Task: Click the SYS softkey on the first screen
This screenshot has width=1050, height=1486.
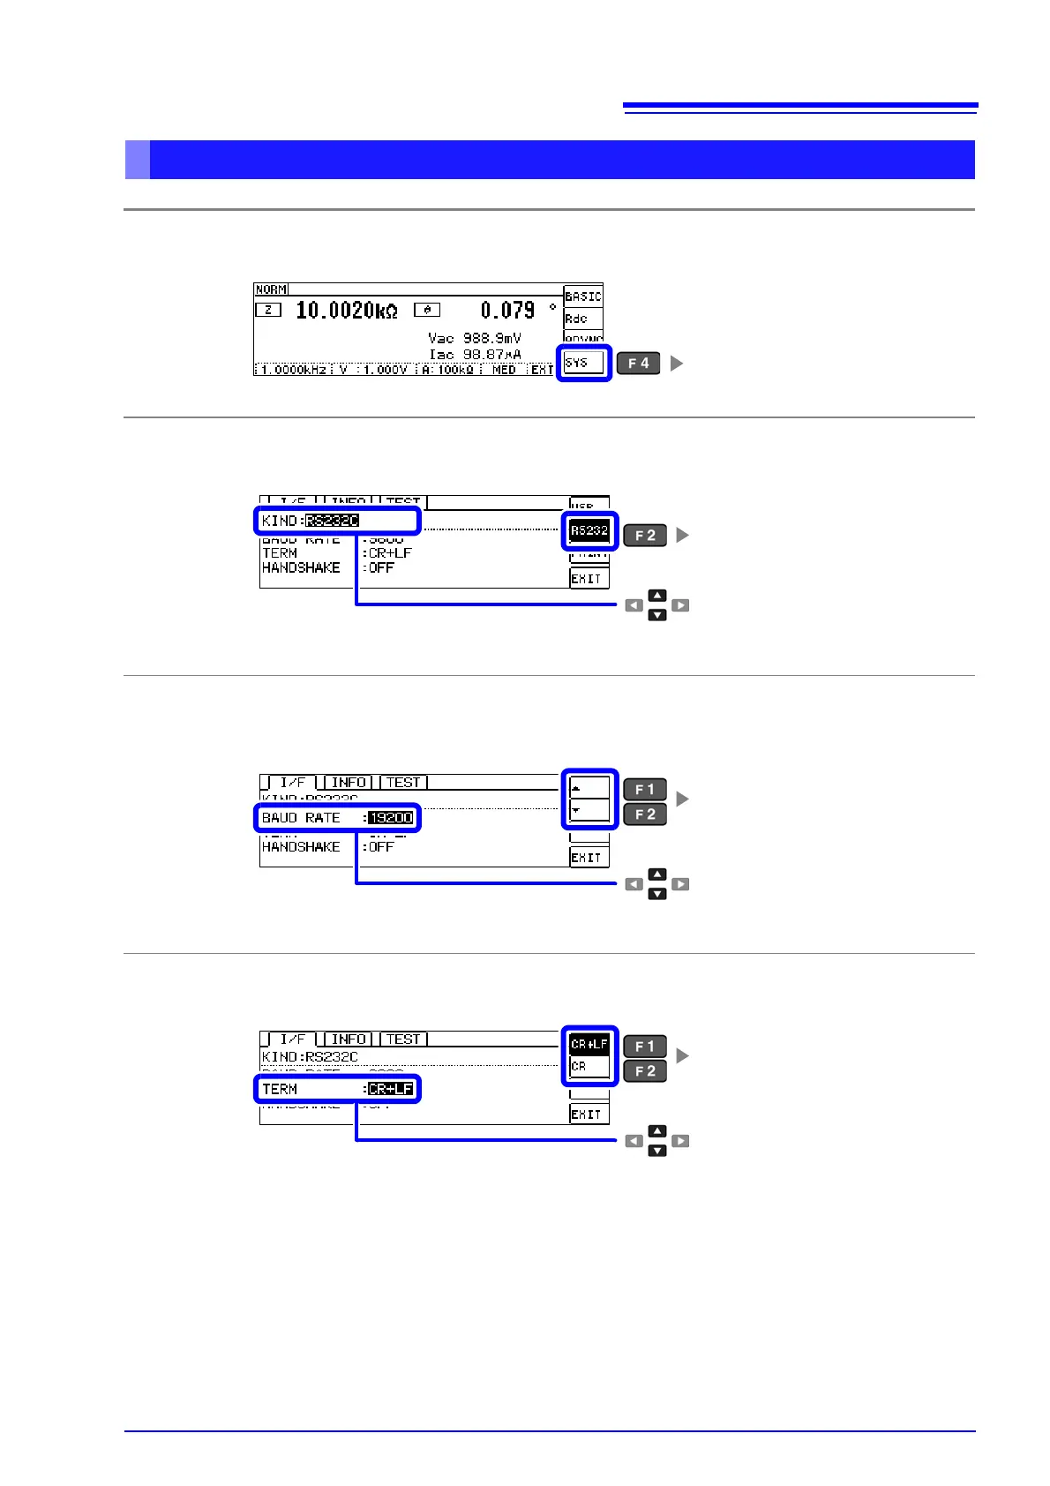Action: point(583,363)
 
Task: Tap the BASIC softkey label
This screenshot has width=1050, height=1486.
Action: point(583,296)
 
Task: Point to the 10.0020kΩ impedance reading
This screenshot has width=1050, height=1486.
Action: point(346,311)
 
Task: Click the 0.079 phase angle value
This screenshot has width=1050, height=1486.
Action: point(507,311)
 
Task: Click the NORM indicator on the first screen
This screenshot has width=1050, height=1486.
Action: point(271,289)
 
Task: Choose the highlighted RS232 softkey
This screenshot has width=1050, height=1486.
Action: point(589,530)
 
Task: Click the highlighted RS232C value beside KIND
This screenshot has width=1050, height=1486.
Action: point(333,521)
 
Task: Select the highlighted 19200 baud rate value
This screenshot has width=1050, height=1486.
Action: point(390,818)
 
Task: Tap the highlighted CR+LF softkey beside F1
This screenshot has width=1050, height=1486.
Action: point(589,1044)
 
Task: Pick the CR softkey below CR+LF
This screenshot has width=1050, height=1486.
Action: point(589,1067)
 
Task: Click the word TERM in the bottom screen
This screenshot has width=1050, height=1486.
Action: point(280,1089)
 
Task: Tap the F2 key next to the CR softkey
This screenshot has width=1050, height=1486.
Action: point(645,1071)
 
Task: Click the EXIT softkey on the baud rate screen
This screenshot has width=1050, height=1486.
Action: point(587,857)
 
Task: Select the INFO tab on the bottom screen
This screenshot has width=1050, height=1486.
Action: point(349,1039)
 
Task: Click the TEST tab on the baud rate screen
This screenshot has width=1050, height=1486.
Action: point(403,782)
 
